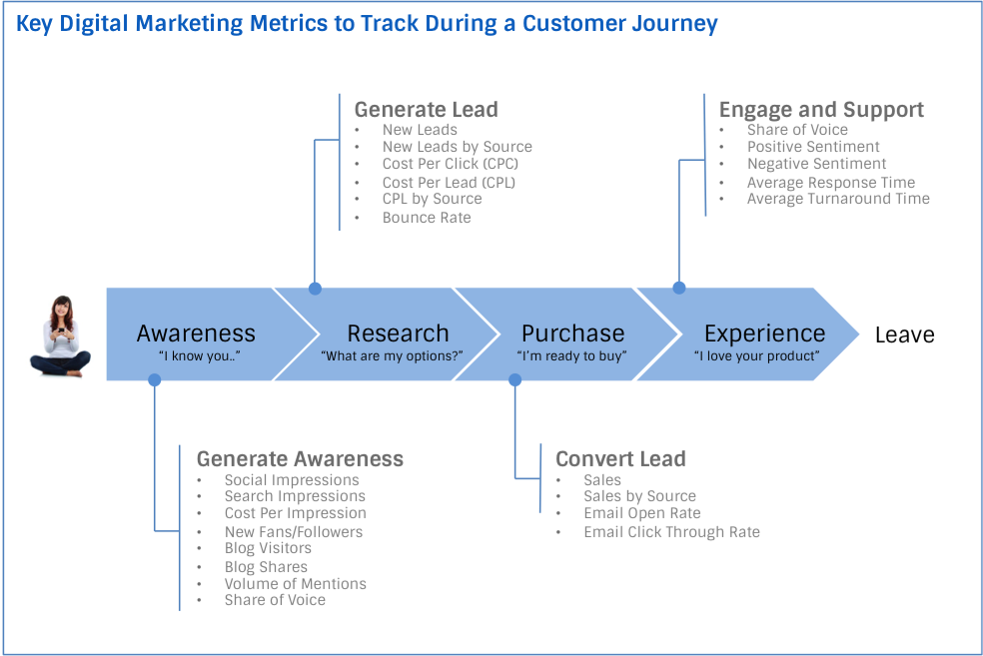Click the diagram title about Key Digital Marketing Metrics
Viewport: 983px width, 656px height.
[x=366, y=24]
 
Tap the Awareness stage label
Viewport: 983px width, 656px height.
[x=196, y=333]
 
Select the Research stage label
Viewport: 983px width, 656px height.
[x=398, y=333]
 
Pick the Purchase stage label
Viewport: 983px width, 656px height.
[x=572, y=333]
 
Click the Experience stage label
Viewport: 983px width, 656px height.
[x=764, y=333]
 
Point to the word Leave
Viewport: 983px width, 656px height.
[x=904, y=334]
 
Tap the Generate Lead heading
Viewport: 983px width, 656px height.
[x=425, y=109]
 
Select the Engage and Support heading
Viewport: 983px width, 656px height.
[x=820, y=109]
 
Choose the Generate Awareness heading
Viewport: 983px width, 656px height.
[x=300, y=458]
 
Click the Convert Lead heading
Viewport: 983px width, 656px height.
[x=619, y=458]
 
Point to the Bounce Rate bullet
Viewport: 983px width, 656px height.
[x=426, y=218]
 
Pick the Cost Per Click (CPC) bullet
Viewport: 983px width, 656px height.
[x=450, y=164]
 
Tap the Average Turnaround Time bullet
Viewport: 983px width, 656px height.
[x=837, y=199]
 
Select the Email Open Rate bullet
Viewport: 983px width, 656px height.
[x=641, y=513]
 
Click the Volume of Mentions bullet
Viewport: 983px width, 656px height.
[x=295, y=583]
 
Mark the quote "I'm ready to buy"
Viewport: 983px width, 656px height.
[x=571, y=356]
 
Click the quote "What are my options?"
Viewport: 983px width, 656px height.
[x=392, y=356]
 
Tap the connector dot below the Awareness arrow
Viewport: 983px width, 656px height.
[x=154, y=379]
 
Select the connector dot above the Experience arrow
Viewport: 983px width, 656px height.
[x=679, y=288]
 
